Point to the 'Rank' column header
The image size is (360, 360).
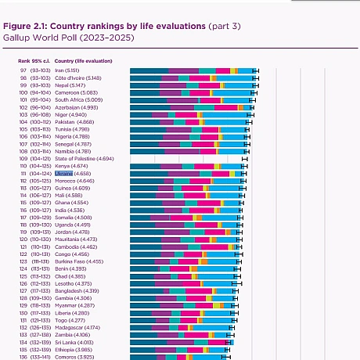24,60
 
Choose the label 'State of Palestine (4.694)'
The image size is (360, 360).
85,158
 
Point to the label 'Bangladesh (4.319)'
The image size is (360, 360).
78,290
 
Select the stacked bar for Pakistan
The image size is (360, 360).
189,122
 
